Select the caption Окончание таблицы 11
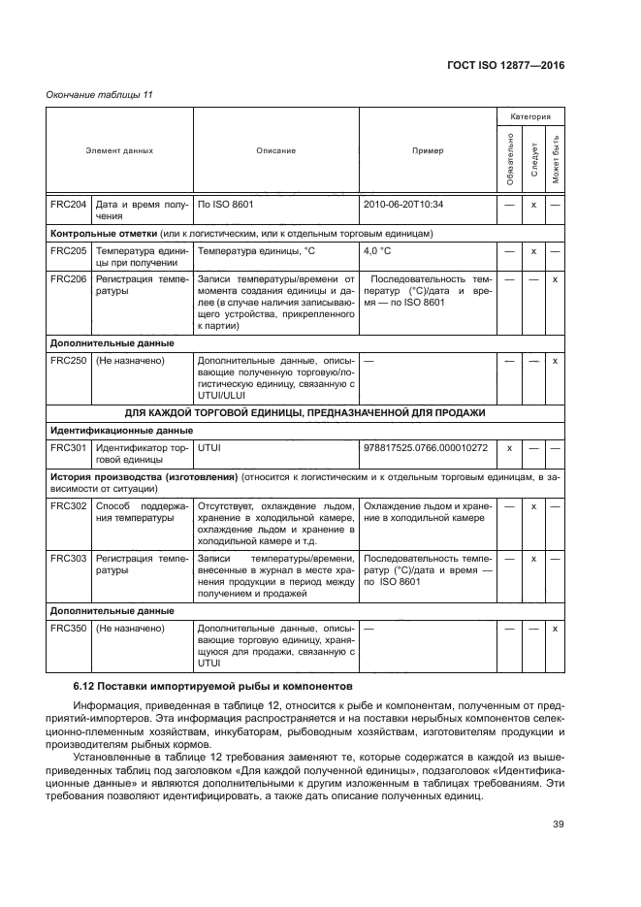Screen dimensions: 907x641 (100, 94)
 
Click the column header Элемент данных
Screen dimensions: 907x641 (119, 151)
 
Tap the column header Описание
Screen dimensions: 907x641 (276, 151)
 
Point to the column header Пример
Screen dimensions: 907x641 (427, 151)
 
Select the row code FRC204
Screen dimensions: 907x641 (68, 205)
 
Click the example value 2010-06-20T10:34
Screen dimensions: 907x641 (402, 205)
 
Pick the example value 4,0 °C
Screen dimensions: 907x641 (377, 250)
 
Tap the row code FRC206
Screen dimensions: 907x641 (68, 278)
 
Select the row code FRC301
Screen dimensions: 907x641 (68, 447)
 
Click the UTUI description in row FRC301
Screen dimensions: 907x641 (209, 447)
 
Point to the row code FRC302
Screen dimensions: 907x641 (68, 506)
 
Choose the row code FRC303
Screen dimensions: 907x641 (68, 560)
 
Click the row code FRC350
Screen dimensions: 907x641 (68, 629)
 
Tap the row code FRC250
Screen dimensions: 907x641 (68, 361)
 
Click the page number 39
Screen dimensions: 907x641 (558, 825)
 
